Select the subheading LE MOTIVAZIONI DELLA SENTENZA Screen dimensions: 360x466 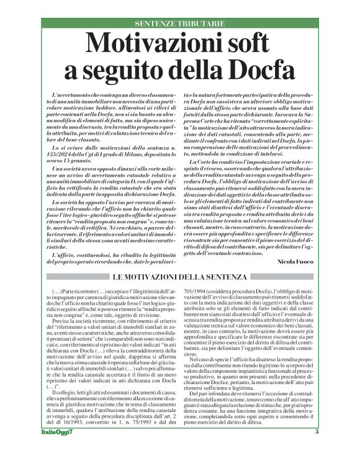pyautogui.click(x=180, y=277)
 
